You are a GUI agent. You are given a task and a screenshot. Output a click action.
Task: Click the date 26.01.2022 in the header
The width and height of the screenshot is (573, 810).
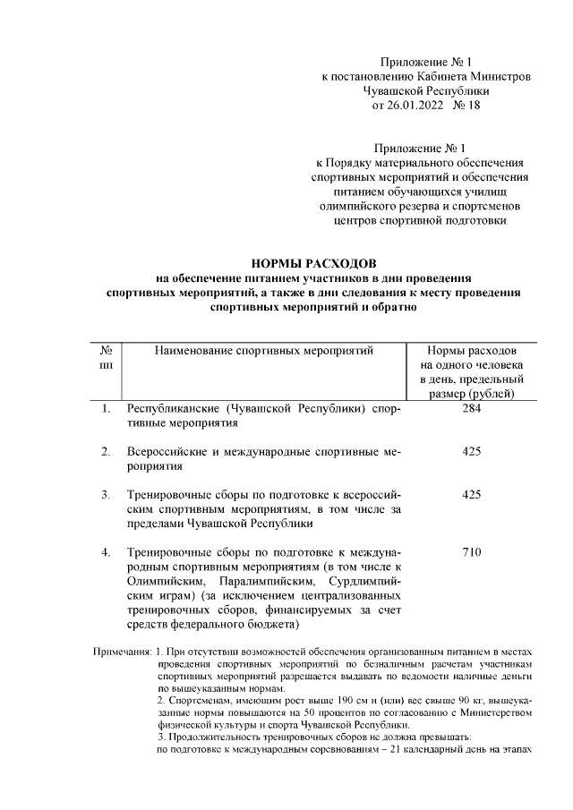coord(427,106)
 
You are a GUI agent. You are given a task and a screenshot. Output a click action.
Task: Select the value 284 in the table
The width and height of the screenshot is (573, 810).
coord(472,409)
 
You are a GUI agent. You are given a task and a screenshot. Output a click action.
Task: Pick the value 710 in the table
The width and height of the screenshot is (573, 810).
coord(472,552)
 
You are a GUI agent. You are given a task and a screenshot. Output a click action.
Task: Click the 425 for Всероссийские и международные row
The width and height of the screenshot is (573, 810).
coord(472,452)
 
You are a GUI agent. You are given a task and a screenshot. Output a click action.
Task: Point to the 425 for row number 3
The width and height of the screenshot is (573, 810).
coord(472,494)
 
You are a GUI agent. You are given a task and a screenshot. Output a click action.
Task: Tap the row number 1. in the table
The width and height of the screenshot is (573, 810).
coord(106,409)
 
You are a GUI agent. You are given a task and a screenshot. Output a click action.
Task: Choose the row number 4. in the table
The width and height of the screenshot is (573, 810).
coord(106,552)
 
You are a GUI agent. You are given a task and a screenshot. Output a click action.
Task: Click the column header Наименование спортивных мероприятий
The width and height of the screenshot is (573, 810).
coord(262,350)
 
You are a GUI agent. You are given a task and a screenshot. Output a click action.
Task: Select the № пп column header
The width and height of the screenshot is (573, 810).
coord(106,357)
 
